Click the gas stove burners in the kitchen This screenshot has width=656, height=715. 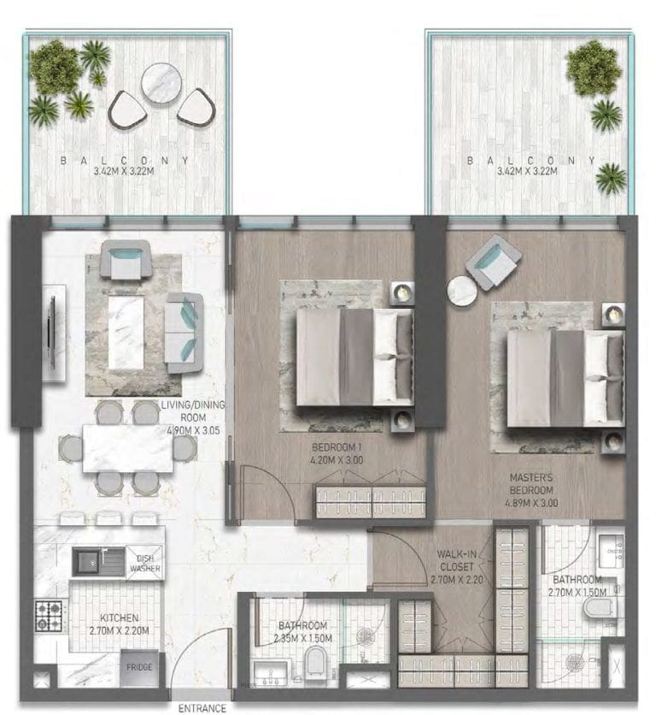coord(48,613)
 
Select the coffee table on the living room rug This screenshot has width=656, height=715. coord(127,332)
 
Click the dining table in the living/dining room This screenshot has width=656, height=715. coord(128,448)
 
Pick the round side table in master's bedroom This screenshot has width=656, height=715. coord(462,291)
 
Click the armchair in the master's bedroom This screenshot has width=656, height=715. coord(496,261)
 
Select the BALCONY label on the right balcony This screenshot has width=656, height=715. coord(530,160)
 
